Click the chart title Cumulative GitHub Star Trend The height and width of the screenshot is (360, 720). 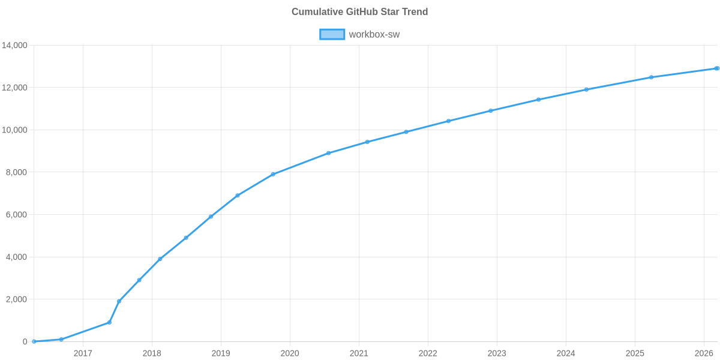tap(359, 12)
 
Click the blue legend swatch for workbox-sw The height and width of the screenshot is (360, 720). tap(332, 34)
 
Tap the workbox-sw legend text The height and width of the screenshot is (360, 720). tap(374, 34)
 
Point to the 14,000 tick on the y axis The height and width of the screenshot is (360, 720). tap(15, 46)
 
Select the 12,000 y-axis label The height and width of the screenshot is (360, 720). tap(15, 88)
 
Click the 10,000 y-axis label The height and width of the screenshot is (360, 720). tap(15, 130)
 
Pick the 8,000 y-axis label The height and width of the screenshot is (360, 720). tap(17, 173)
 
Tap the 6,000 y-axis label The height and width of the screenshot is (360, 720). tap(17, 215)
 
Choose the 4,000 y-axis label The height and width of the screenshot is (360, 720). tap(17, 257)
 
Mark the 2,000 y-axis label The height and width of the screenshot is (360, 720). tap(17, 299)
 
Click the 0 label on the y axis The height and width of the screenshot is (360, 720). tap(25, 342)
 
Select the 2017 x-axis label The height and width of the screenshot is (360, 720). tap(83, 353)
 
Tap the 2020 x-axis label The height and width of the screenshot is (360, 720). tap(290, 353)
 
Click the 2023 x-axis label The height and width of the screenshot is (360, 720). tap(497, 353)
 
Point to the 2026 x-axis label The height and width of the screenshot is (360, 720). tap(703, 353)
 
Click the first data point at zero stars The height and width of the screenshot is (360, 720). tap(34, 341)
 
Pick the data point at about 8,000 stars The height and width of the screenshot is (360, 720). tap(273, 174)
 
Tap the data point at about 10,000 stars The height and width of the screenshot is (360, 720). tap(406, 132)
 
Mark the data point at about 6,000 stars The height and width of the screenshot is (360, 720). tap(211, 217)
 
